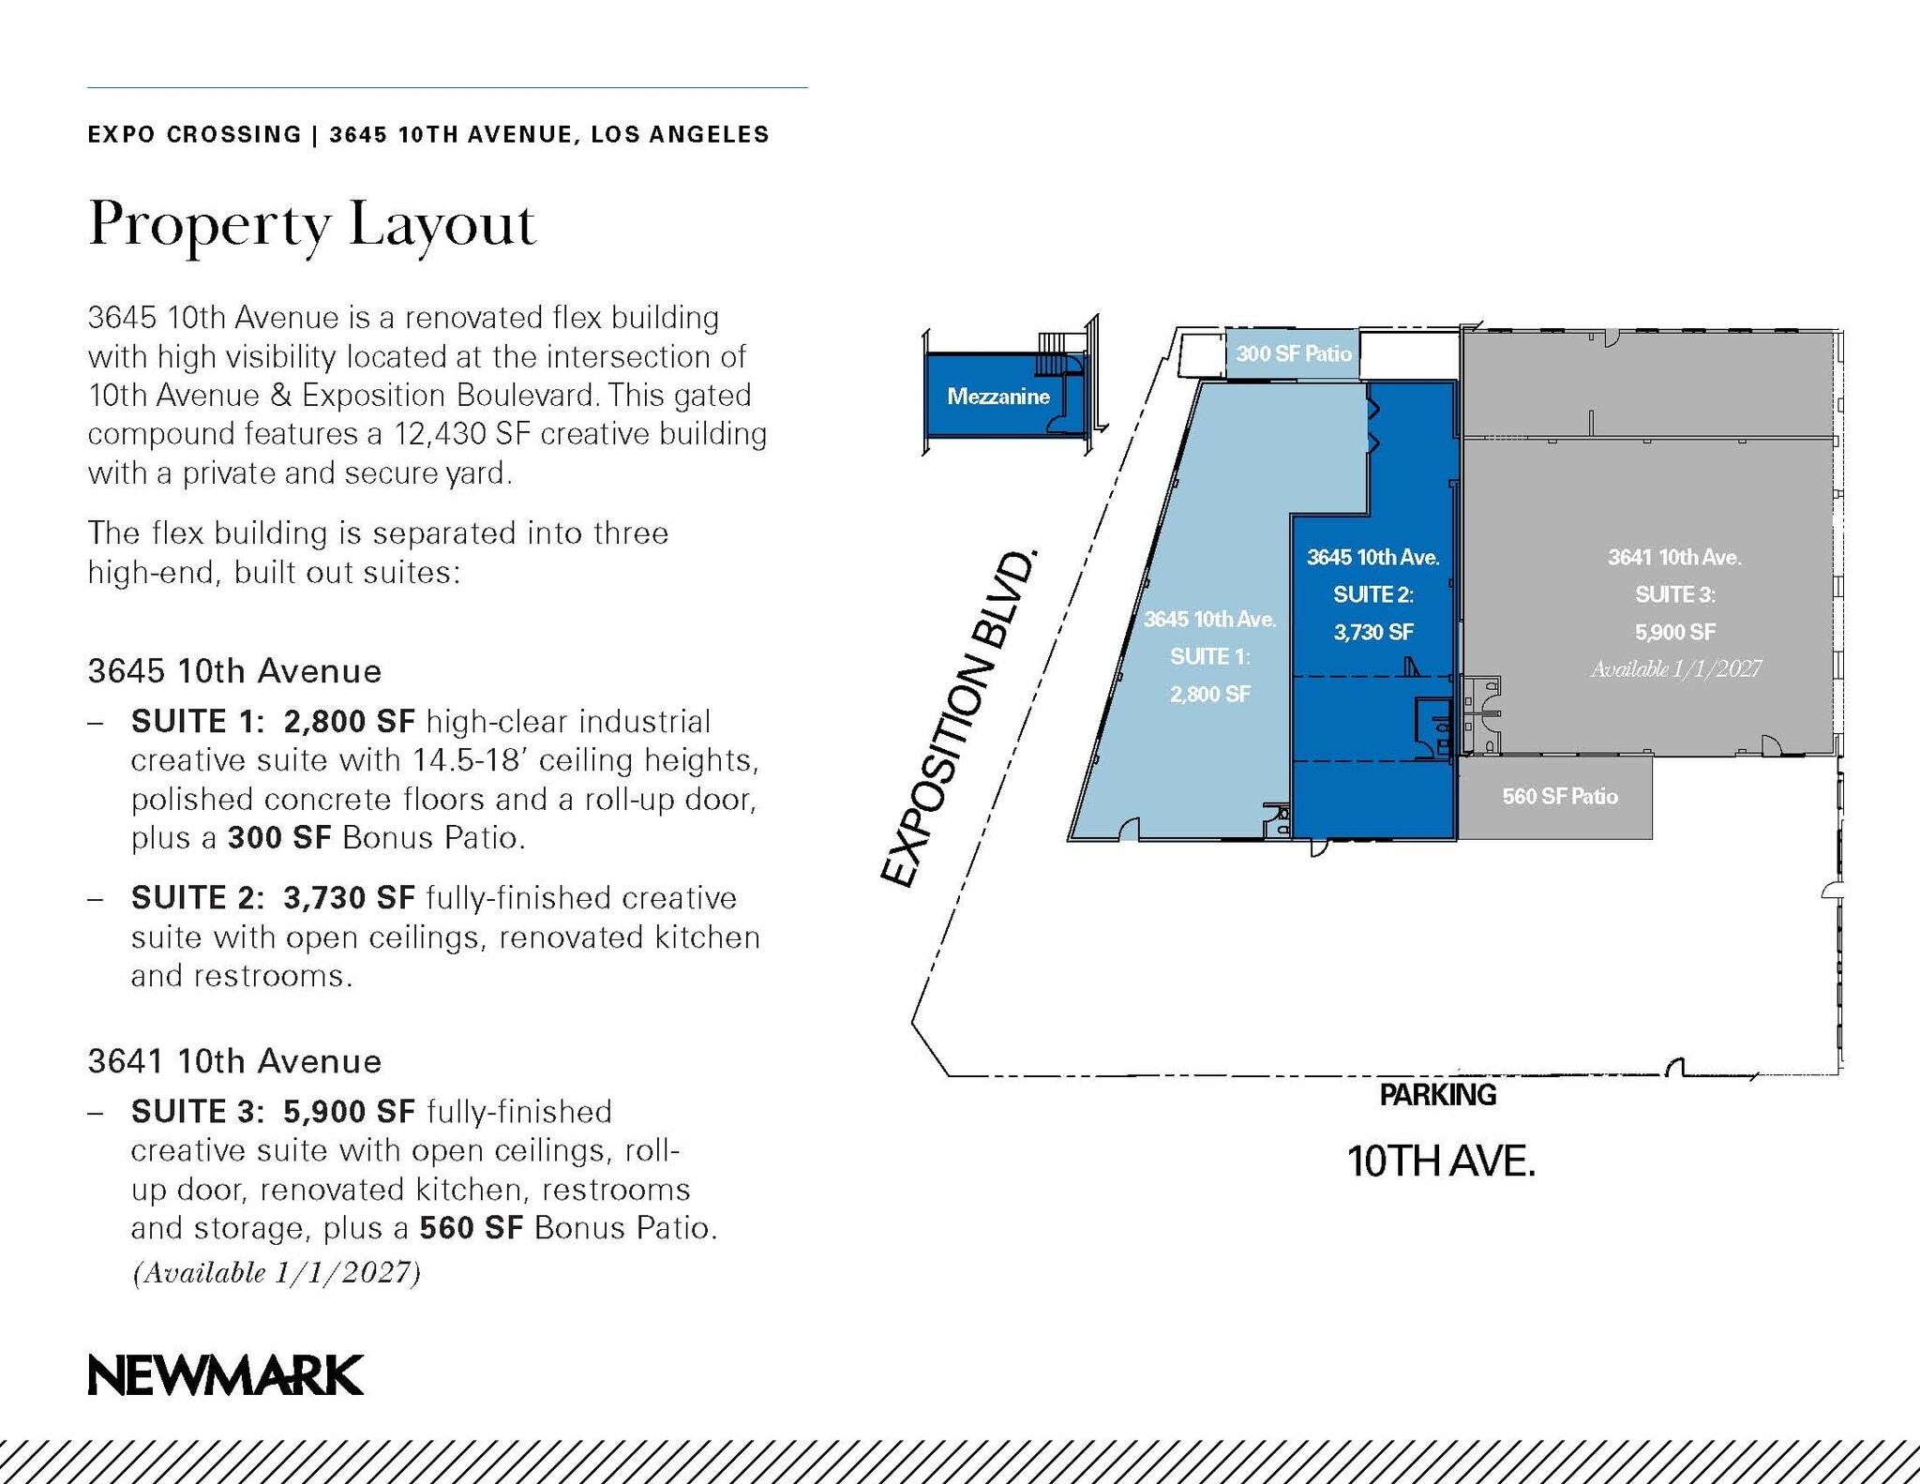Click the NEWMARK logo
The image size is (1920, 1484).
pos(225,1375)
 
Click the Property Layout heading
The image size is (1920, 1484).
pos(311,226)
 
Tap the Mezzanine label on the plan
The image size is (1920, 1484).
pos(997,397)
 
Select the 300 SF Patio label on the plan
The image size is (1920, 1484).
pos(1293,353)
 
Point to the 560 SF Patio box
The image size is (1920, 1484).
pos(1559,797)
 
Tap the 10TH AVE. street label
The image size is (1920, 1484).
pos(1441,1162)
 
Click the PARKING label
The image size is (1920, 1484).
pos(1437,1095)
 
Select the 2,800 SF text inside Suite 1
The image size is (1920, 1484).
pos(1209,695)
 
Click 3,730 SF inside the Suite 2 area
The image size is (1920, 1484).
pos(1373,633)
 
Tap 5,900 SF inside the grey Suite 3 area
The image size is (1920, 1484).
pos(1675,633)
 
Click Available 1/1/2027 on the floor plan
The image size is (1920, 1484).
pos(1675,668)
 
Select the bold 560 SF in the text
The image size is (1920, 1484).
pos(471,1228)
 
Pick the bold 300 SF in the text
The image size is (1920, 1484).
pos(279,838)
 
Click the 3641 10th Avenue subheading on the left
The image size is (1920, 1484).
pos(234,1061)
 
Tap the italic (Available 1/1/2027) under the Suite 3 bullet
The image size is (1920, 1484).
pos(277,1273)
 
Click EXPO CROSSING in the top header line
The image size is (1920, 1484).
pos(194,135)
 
